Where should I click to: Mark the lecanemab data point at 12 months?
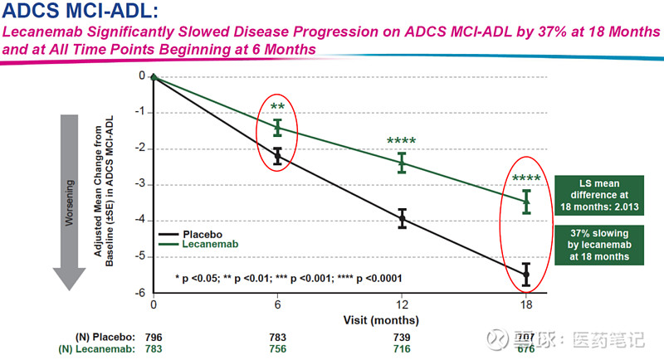tap(402, 162)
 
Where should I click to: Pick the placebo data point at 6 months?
tap(278, 156)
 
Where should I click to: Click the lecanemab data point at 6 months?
tap(278, 127)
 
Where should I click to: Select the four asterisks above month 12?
tap(402, 142)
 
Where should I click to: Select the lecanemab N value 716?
tap(402, 348)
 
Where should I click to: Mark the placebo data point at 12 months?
tap(402, 218)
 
